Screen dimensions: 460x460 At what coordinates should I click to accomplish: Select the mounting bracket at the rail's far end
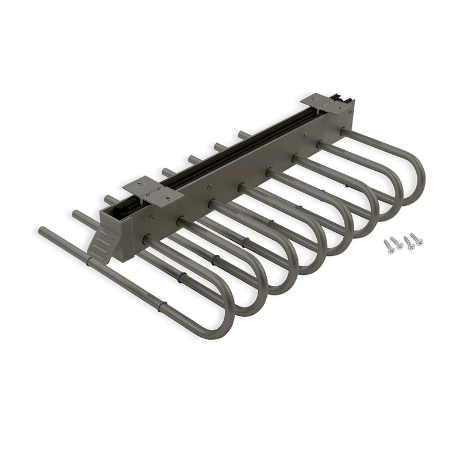point(327,103)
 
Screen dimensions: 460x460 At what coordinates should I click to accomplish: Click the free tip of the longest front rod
point(41,231)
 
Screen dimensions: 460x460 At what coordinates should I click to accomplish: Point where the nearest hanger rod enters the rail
point(148,240)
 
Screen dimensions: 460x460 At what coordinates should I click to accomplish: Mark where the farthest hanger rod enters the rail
point(344,132)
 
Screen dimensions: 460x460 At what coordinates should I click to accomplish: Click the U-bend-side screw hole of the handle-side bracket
point(168,197)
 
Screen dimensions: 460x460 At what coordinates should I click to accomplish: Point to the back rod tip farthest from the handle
point(241,134)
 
